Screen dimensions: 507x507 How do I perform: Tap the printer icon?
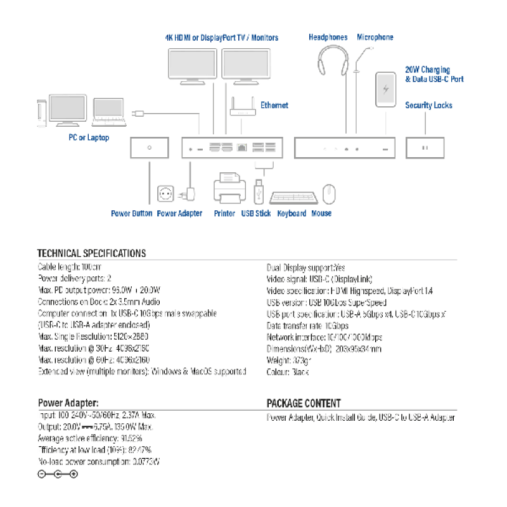tap(229, 188)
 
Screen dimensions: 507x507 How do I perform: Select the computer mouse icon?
tap(328, 194)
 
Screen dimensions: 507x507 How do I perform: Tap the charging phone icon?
tap(384, 90)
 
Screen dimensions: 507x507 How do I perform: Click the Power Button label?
tap(131, 214)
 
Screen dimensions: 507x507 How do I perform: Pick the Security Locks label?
tap(428, 105)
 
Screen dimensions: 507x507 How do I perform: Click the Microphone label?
tap(375, 37)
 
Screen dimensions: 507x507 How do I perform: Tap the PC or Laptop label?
tap(89, 138)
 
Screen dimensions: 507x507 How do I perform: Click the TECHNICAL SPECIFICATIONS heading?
tap(91, 253)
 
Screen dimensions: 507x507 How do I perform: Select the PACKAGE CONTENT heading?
tap(304, 403)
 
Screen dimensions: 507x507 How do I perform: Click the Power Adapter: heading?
tap(68, 403)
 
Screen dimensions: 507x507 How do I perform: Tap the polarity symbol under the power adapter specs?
tap(58, 474)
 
